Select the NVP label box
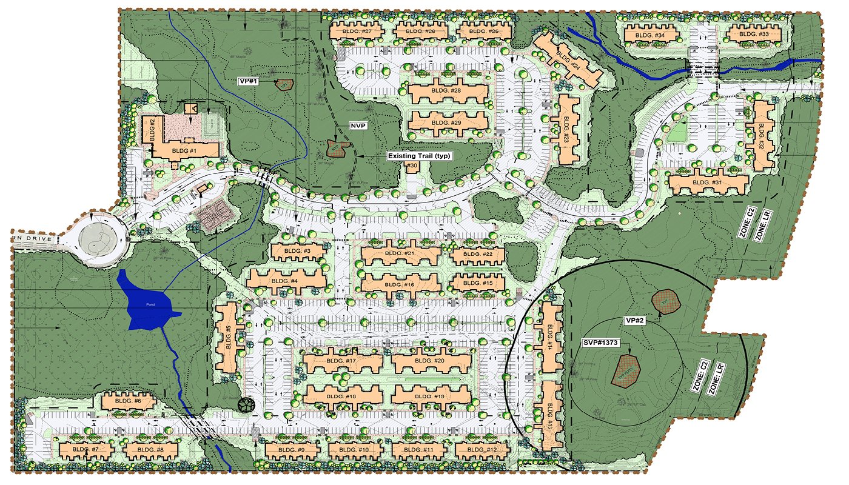(356, 125)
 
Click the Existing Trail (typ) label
(419, 156)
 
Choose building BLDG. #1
(185, 150)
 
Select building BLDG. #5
(228, 337)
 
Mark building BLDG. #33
(754, 35)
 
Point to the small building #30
(412, 166)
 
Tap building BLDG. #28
(448, 92)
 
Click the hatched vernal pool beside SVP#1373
(627, 370)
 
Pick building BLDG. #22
(478, 255)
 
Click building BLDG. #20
(431, 362)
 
